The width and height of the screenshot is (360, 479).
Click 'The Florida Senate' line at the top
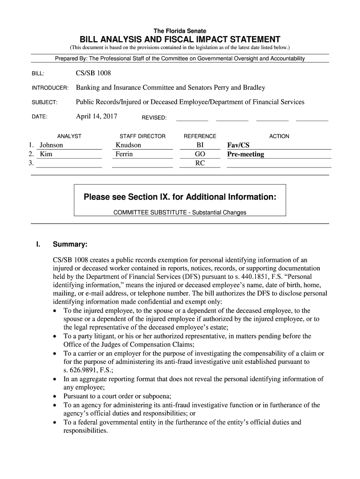tap(180, 31)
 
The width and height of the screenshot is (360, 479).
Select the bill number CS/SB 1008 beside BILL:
tap(94, 73)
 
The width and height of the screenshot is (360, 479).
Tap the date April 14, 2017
tap(96, 116)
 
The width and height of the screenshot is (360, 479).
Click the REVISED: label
tap(154, 117)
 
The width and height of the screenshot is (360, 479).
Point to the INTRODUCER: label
tap(50, 88)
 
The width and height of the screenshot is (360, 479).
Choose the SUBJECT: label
tap(44, 103)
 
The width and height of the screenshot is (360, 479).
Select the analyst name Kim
tap(46, 154)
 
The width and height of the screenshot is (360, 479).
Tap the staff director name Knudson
tap(128, 145)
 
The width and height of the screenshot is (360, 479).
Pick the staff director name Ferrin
tap(124, 154)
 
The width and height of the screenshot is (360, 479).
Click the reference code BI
tap(200, 145)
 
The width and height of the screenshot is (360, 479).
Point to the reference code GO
tap(200, 154)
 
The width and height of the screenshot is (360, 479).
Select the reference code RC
tap(200, 163)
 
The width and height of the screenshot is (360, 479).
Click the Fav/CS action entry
tap(238, 145)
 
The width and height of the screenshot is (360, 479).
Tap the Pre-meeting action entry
tap(245, 154)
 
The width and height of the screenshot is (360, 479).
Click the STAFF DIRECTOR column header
tap(143, 136)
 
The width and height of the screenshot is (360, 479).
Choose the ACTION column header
tap(279, 136)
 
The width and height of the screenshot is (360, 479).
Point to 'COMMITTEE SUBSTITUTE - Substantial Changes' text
tap(180, 212)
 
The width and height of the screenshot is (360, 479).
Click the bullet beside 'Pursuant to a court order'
tap(57, 397)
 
